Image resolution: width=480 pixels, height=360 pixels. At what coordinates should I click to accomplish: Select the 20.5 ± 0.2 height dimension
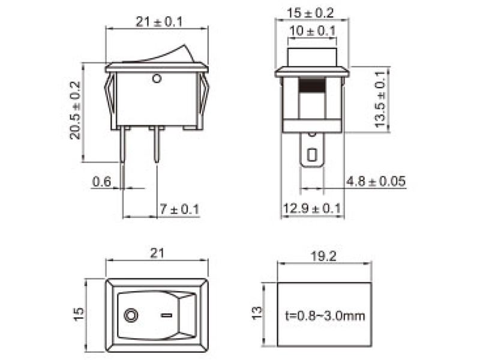coord(75,110)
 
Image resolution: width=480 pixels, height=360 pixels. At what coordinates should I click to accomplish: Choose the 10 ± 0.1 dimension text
coord(311,31)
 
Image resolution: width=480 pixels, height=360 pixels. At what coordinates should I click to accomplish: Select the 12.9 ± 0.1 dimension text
coord(312,208)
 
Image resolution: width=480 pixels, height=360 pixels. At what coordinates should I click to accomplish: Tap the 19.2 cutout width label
coord(324,256)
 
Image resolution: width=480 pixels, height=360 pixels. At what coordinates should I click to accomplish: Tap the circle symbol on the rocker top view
coord(130,314)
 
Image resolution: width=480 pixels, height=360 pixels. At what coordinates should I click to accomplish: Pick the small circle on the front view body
coord(157,77)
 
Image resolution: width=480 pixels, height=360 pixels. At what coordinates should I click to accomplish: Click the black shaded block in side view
coord(311,85)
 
